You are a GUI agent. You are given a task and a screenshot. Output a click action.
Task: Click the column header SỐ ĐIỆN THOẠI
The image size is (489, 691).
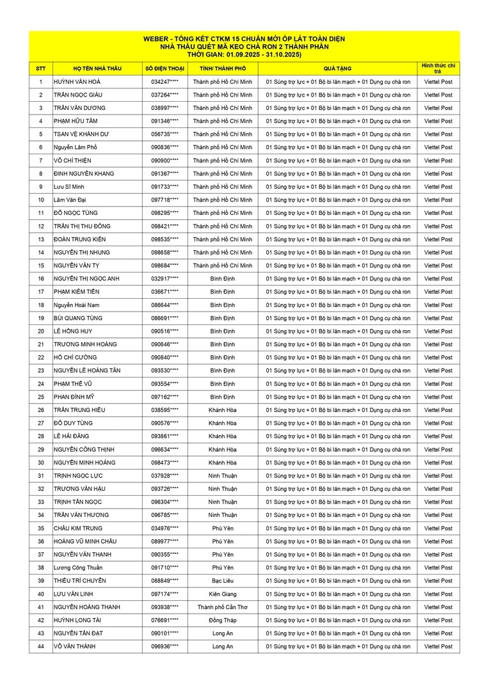pyautogui.click(x=164, y=68)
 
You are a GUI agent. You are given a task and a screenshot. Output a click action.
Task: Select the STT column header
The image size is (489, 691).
pyautogui.click(x=41, y=68)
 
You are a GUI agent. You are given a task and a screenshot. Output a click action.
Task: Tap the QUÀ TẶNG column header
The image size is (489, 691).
pyautogui.click(x=337, y=68)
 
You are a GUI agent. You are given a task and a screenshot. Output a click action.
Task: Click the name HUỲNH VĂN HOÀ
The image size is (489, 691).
pyautogui.click(x=77, y=82)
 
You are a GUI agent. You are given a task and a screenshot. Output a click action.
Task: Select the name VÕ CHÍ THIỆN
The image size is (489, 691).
pyautogui.click(x=74, y=161)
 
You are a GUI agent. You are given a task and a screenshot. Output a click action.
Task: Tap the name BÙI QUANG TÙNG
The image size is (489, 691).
pyautogui.click(x=78, y=318)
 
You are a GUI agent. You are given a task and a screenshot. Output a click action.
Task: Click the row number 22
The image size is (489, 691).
pyautogui.click(x=41, y=358)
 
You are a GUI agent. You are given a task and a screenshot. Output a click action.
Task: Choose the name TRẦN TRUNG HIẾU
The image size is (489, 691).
pyautogui.click(x=79, y=410)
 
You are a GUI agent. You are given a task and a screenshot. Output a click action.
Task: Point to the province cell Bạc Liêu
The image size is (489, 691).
pyautogui.click(x=223, y=581)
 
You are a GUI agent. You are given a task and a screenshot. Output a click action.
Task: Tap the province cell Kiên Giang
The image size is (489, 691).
pyautogui.click(x=223, y=594)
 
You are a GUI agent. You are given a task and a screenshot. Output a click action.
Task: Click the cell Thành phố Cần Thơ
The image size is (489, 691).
pyautogui.click(x=223, y=607)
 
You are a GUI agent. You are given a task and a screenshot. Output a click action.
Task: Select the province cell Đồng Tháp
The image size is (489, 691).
pyautogui.click(x=223, y=620)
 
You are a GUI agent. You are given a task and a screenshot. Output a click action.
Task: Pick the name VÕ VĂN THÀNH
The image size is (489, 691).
pyautogui.click(x=75, y=646)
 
